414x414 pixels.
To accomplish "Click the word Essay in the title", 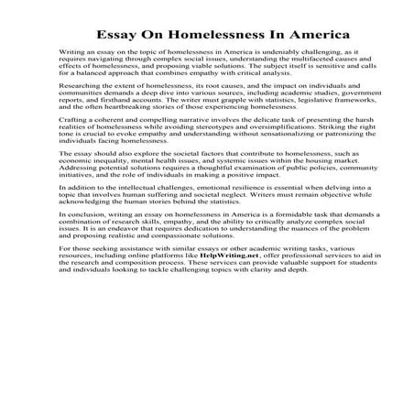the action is coord(116,36).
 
